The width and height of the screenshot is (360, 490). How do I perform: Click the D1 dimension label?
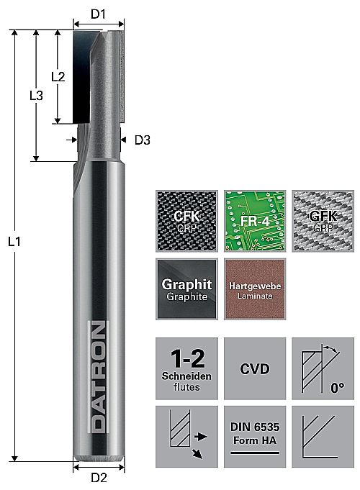click(x=98, y=14)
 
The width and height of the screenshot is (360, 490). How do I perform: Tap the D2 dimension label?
click(x=99, y=478)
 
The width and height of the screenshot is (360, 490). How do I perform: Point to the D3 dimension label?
click(x=143, y=140)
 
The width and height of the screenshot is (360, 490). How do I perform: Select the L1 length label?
click(x=14, y=241)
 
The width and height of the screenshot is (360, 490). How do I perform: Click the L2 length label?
click(x=58, y=76)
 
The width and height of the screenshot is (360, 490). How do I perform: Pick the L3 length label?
click(x=36, y=95)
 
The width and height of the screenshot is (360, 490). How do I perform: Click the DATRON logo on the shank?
click(x=99, y=376)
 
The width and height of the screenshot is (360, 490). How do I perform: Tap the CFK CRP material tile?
click(x=186, y=221)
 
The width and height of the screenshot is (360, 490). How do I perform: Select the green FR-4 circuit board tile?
click(x=255, y=221)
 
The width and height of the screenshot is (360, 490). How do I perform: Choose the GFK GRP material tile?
click(x=323, y=221)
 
